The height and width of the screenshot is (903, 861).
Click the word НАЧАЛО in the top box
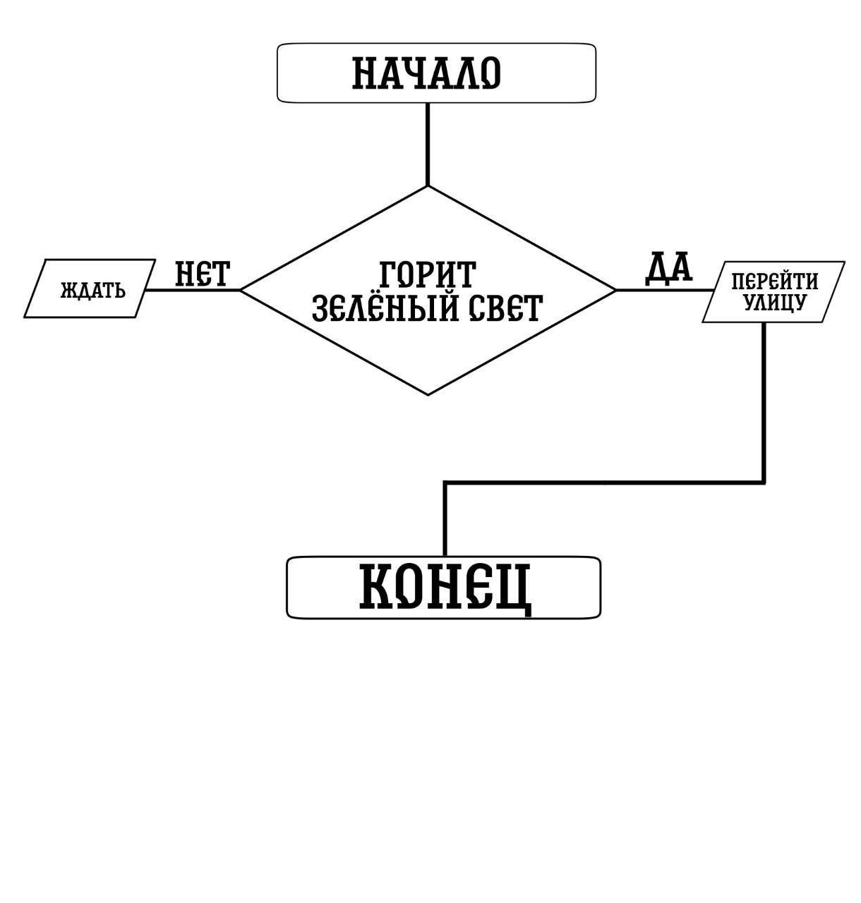[426, 73]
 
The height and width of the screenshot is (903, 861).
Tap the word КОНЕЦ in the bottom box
[445, 586]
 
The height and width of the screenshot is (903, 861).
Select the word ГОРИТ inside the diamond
[428, 274]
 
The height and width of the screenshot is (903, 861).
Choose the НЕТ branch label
[203, 274]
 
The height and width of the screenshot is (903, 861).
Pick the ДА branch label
[668, 268]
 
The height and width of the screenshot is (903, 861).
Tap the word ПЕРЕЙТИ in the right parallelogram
[774, 282]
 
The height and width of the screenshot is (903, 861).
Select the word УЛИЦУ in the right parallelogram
[774, 303]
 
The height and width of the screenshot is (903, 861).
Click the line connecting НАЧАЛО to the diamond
[428, 145]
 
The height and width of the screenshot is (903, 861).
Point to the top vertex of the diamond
[428, 186]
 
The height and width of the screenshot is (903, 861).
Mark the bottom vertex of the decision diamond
[428, 394]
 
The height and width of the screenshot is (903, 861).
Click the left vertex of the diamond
[241, 289]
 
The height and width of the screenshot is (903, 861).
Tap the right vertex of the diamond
[616, 289]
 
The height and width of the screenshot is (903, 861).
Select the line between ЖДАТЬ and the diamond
[192, 289]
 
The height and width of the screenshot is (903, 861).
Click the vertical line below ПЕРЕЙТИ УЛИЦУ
[764, 402]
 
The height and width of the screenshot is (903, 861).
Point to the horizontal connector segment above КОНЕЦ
[603, 483]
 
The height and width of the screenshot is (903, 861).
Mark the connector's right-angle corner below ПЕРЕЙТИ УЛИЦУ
[764, 483]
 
